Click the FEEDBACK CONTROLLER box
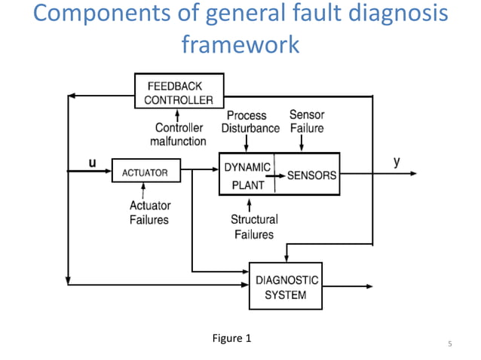[178, 92]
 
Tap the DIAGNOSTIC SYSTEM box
[285, 286]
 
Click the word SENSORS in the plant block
[311, 174]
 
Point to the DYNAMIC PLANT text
[247, 174]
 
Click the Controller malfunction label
[180, 134]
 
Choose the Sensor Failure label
[307, 122]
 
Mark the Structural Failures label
[254, 227]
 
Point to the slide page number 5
[449, 345]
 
